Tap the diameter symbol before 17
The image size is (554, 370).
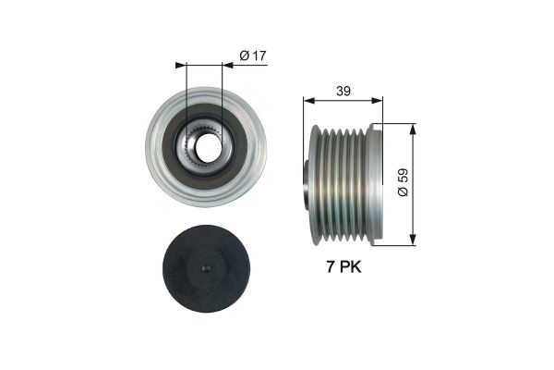pyautogui.click(x=244, y=57)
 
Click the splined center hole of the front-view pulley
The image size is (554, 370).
pyautogui.click(x=204, y=146)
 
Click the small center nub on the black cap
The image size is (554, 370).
pyautogui.click(x=205, y=269)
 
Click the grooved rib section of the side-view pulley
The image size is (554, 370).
pyautogui.click(x=341, y=185)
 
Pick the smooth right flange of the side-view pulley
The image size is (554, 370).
pyautogui.click(x=375, y=185)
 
